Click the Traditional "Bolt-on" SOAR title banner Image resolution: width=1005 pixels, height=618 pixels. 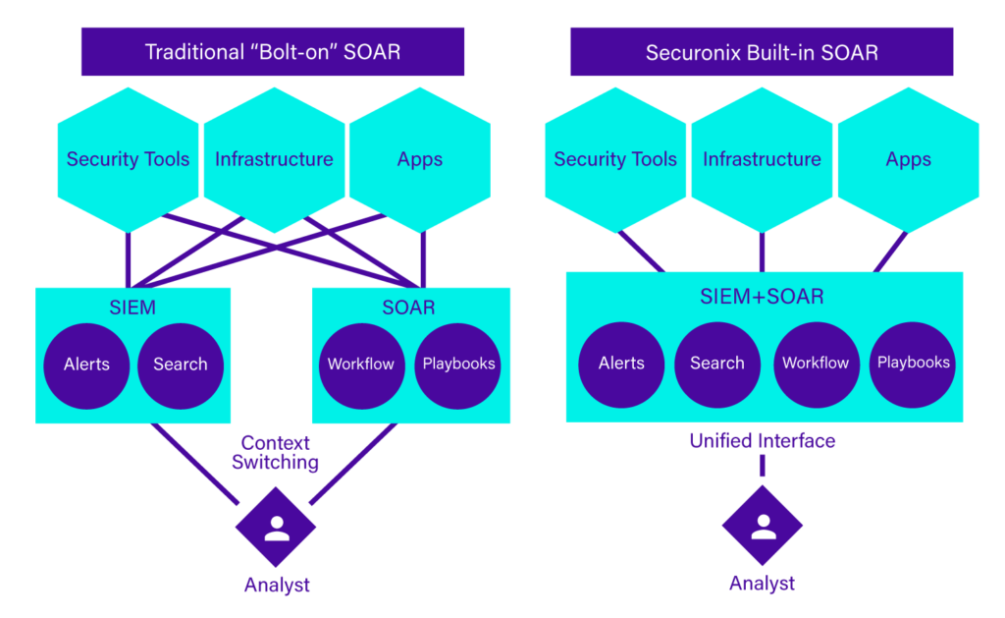(273, 52)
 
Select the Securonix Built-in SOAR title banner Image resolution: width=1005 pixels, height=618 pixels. (761, 52)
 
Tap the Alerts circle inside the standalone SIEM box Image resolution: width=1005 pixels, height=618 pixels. (86, 365)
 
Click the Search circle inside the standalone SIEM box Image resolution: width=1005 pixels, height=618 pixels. (181, 365)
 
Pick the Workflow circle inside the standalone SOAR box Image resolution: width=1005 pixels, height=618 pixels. (360, 365)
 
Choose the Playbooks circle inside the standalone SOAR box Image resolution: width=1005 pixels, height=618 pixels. (458, 365)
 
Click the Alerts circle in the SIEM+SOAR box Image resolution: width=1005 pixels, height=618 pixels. (621, 364)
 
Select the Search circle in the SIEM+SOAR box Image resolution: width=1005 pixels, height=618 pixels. (717, 364)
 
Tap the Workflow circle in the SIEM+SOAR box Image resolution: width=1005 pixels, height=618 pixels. (816, 364)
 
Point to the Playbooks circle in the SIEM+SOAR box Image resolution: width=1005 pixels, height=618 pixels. (913, 364)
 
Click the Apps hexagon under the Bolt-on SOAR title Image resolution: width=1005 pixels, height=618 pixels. (420, 159)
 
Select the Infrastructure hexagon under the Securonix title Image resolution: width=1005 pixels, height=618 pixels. (762, 159)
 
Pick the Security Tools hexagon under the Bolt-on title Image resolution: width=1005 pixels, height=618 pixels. (128, 159)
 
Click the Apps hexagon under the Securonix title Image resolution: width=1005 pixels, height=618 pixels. (908, 159)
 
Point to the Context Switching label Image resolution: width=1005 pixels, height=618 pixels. (275, 453)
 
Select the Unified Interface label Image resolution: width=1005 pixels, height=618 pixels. (763, 440)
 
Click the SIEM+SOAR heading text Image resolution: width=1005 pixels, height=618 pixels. (762, 296)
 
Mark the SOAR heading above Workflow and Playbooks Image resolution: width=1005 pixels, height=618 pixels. (408, 308)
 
